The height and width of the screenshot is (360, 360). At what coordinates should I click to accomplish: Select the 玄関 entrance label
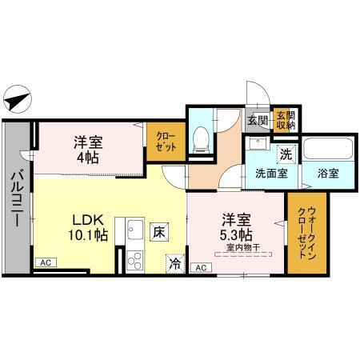point(258,120)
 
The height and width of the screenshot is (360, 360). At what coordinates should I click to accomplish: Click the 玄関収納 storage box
point(285,120)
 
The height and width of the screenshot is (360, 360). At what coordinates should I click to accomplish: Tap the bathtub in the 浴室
point(327,148)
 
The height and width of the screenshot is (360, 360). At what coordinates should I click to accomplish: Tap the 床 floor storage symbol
point(158,232)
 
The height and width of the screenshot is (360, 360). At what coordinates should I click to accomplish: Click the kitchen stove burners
point(133,259)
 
